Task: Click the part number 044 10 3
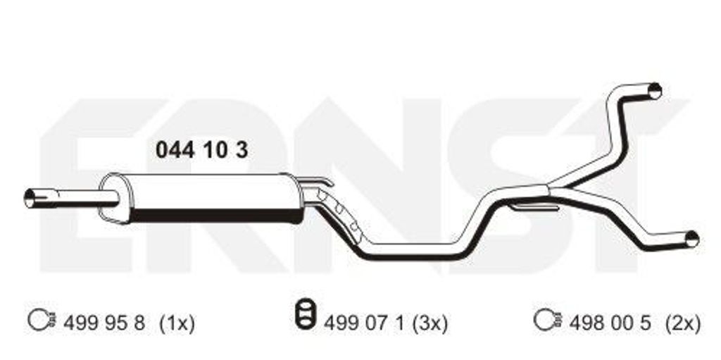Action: pyautogui.click(x=201, y=150)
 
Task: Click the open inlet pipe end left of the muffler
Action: pyautogui.click(x=30, y=198)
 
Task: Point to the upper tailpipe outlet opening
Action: pyautogui.click(x=655, y=91)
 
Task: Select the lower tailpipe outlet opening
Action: pyautogui.click(x=691, y=239)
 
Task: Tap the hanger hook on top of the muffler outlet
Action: pyautogui.click(x=315, y=181)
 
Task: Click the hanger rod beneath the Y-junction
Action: pyautogui.click(x=534, y=207)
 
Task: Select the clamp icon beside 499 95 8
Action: pyautogui.click(x=42, y=319)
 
